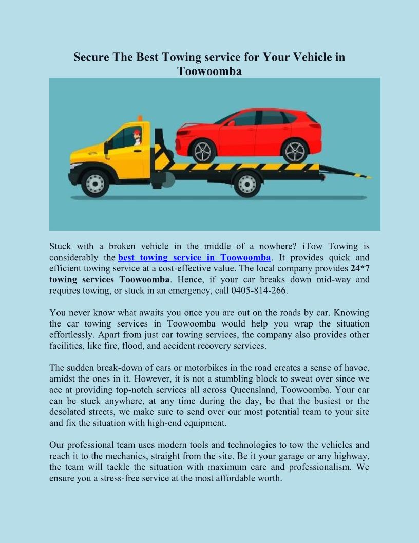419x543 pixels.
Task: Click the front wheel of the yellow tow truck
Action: [95, 184]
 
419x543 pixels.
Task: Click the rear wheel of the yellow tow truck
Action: [247, 184]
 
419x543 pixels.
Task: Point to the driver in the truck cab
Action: [137, 137]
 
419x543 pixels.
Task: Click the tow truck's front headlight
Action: [75, 167]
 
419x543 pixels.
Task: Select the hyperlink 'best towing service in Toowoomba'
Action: [194, 257]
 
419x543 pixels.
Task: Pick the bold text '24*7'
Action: [360, 268]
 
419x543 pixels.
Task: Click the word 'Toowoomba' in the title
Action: [209, 71]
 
